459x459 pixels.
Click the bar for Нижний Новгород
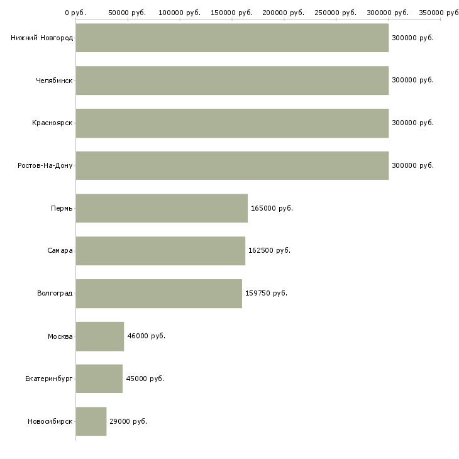(232, 38)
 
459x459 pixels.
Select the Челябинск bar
(232, 80)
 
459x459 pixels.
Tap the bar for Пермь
(162, 208)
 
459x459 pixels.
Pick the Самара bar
(160, 251)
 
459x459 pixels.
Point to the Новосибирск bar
(91, 421)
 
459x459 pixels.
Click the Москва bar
(100, 336)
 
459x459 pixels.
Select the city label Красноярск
(52, 123)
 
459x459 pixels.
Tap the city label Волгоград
(55, 294)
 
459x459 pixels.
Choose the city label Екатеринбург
(49, 379)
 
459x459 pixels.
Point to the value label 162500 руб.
(269, 251)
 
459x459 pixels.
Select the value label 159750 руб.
(266, 294)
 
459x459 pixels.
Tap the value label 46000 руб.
(147, 336)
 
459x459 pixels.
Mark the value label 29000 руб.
(128, 421)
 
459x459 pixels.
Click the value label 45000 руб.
(145, 379)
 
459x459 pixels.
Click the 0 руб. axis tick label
(75, 12)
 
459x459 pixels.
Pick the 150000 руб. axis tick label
(232, 12)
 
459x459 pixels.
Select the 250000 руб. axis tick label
(336, 12)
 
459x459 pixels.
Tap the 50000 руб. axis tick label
(128, 12)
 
